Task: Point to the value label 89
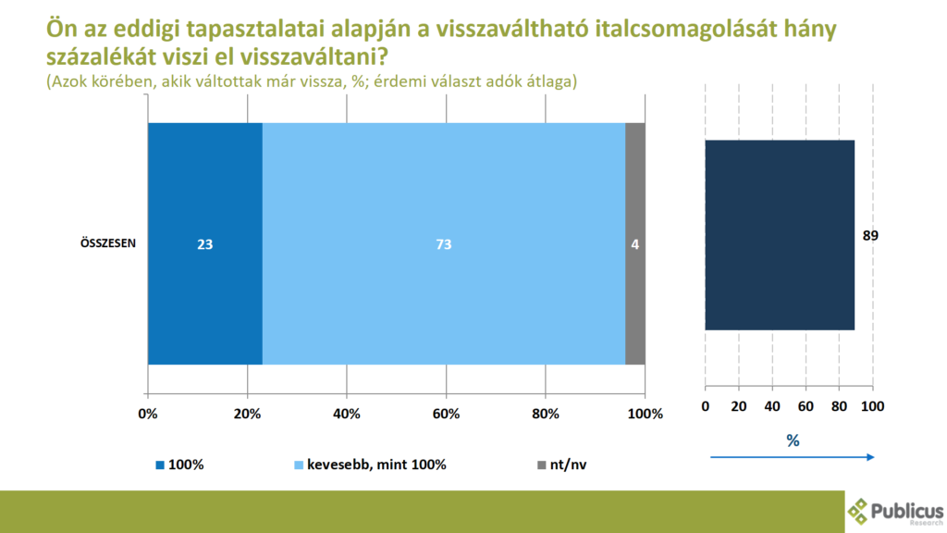pos(869,236)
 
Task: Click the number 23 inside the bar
pos(204,245)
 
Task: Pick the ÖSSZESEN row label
pos(106,245)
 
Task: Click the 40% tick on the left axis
pos(346,414)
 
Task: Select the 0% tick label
pos(148,414)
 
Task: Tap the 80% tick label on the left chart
pos(545,414)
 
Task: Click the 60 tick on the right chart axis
pos(805,406)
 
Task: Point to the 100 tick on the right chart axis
pos(872,406)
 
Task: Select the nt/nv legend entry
pos(562,464)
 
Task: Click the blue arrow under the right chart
pos(792,456)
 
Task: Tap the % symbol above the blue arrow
pos(793,440)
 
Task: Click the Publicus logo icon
pos(860,511)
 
